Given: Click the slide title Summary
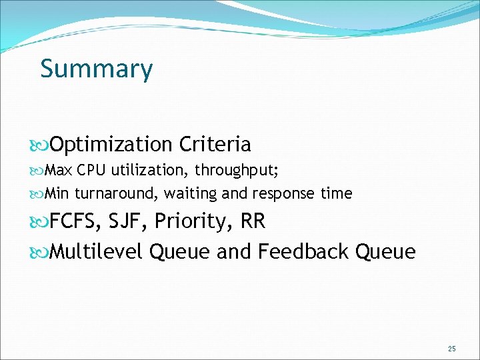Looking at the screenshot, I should tap(96, 69).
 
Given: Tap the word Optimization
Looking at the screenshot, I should tap(111, 145).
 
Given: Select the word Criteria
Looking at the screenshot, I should tap(215, 144).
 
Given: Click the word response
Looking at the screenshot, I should tap(279, 194).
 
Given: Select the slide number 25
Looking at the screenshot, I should tap(452, 349).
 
